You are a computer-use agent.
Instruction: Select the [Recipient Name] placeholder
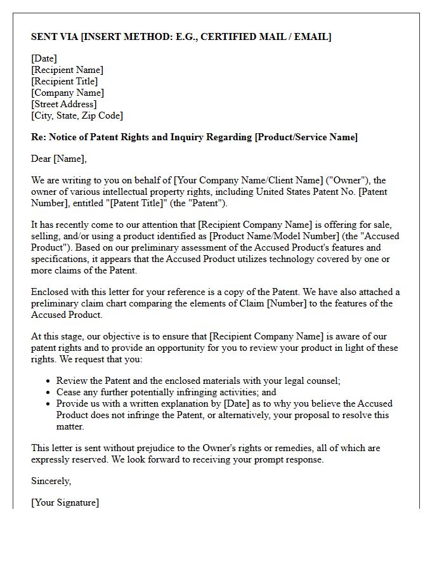(67, 70)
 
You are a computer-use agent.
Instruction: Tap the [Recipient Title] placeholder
(65, 81)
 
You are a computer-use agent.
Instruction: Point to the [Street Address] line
(64, 104)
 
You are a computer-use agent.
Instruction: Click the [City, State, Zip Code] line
(77, 115)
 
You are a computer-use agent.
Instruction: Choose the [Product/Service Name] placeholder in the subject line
(306, 137)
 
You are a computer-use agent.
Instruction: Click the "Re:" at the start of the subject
(39, 137)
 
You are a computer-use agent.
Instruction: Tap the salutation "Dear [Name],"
(59, 159)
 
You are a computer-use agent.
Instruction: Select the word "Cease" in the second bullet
(69, 392)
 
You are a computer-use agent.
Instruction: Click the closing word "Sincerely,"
(51, 481)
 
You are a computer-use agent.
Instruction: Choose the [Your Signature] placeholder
(65, 502)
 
